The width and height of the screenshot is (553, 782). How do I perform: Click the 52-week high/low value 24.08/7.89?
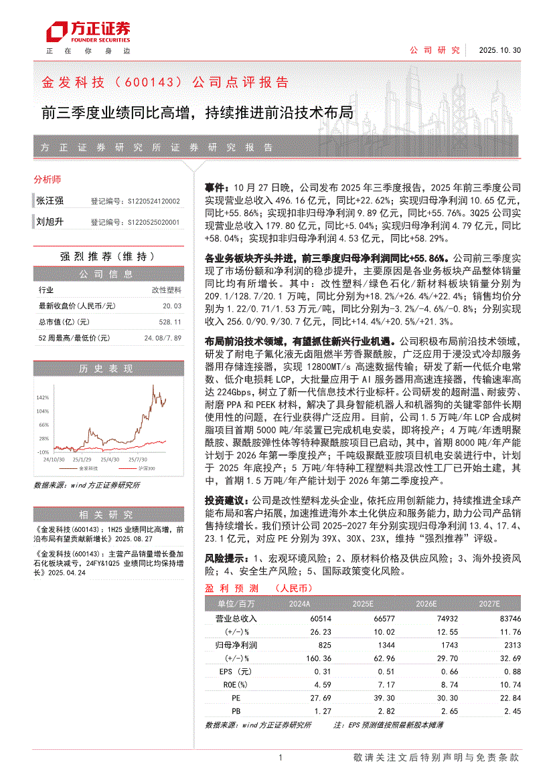tap(163, 338)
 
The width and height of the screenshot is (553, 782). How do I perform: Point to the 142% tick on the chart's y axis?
tap(42, 397)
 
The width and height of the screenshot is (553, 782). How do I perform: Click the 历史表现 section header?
tap(107, 369)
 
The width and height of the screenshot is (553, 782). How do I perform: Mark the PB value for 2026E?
tap(448, 711)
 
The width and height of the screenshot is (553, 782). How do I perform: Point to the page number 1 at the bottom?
tap(280, 757)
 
